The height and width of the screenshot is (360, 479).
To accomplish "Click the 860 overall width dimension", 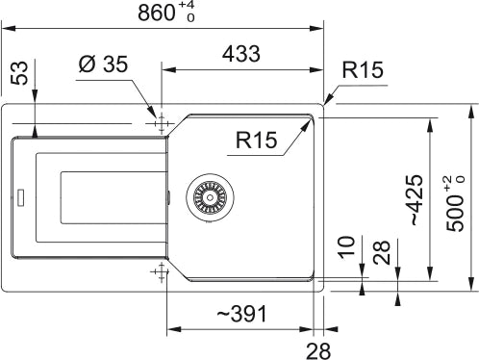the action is point(157,13).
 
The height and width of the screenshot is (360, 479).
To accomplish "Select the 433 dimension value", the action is point(241,54).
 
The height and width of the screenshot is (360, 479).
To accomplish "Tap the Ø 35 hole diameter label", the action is point(103,64).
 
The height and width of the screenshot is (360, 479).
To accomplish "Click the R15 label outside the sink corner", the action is point(363,69).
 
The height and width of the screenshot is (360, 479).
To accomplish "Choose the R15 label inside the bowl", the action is point(256,140).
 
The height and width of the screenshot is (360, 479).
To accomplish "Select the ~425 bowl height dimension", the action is point(417,200).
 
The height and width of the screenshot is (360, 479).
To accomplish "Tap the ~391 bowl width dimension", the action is point(241,314).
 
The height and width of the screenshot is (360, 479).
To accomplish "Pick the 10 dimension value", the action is point(346,247).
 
